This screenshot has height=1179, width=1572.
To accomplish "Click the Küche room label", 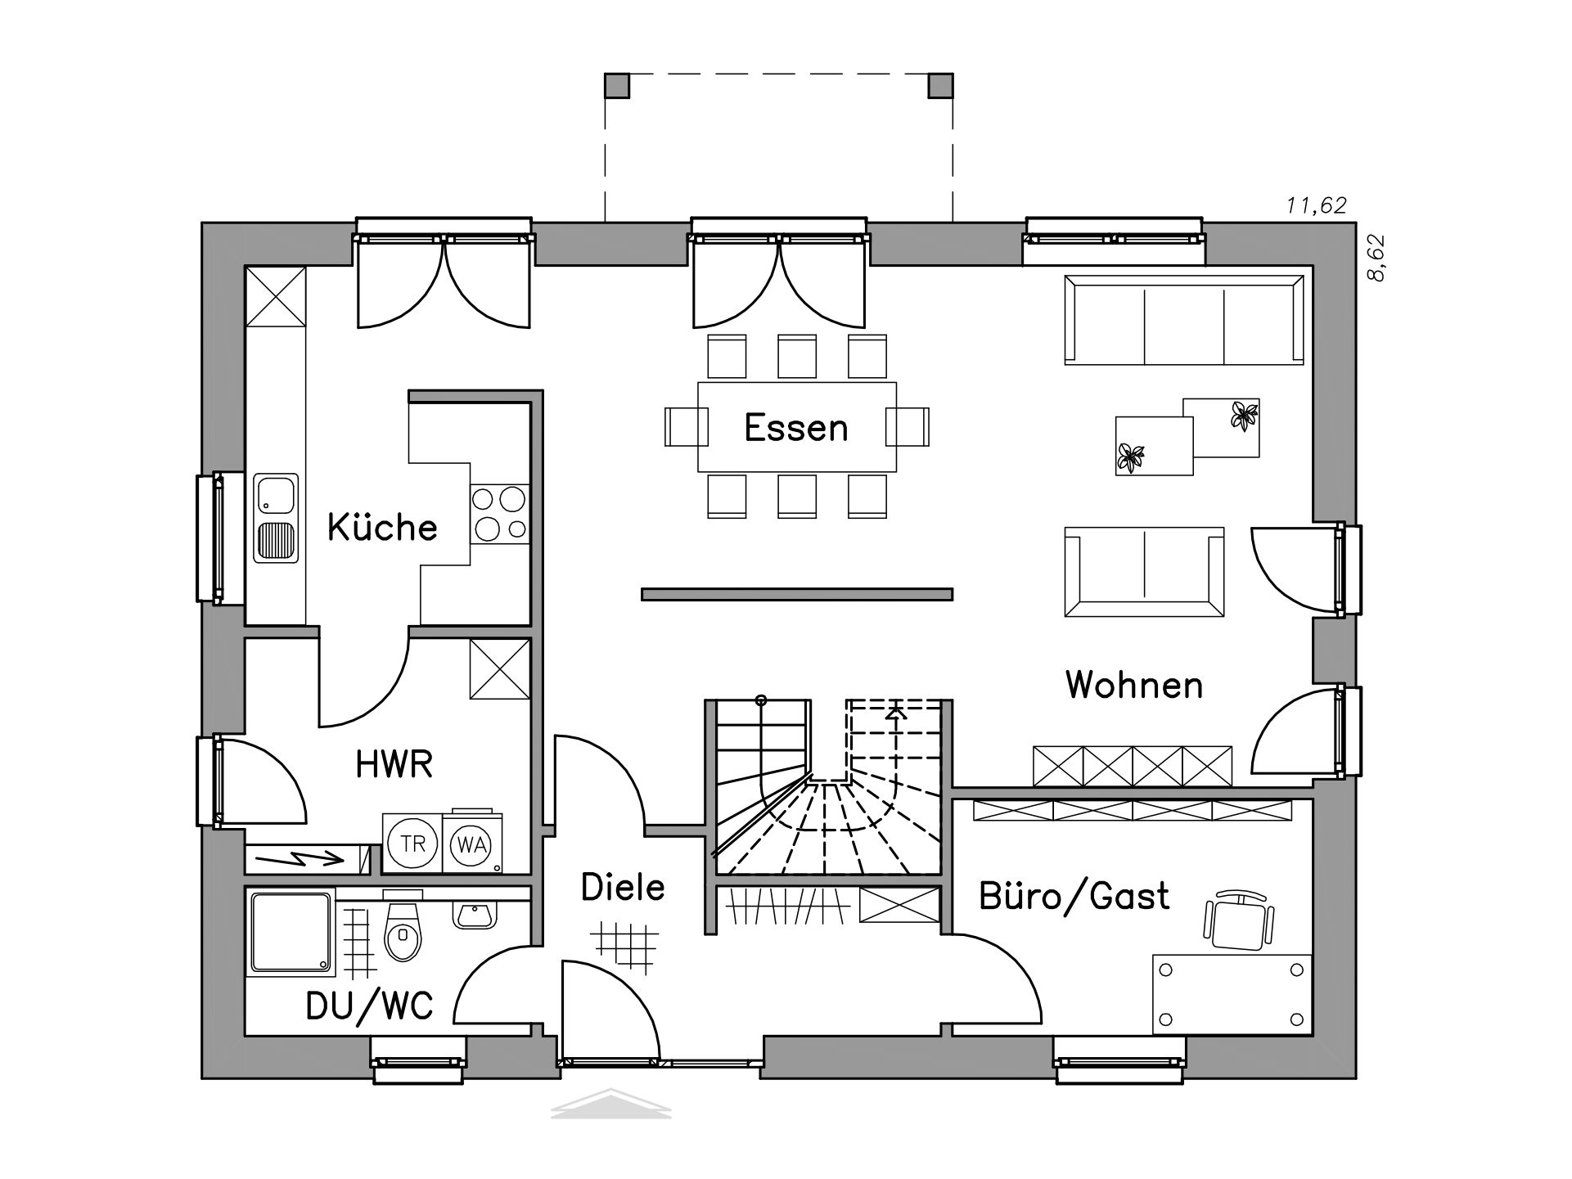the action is pos(382,527).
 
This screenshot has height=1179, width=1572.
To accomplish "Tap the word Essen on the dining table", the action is pos(795,428).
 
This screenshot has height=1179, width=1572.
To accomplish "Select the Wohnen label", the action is pos(1134,685).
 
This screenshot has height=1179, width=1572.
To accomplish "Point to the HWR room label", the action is pos(394,764).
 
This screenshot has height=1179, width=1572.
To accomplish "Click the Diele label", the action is pos(623,887).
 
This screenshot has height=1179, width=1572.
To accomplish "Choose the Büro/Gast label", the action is pos(1074,897).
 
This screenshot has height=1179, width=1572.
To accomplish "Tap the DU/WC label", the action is pos(369,1006).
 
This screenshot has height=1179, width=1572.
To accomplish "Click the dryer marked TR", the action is pos(412,843).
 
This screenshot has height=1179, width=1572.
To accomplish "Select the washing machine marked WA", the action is pos(472,843).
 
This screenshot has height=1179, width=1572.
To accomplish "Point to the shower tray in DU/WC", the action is pos(291,933).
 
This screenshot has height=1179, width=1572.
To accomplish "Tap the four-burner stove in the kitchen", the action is pos(499,514).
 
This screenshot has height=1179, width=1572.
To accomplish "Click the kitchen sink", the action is pos(276,517).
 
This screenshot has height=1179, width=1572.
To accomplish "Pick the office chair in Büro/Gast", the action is pos(1239,920).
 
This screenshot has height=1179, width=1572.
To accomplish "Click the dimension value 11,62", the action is pos(1317,205).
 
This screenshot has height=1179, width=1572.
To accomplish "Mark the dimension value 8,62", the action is pos(1377,259).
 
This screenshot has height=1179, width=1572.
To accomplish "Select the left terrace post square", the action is pos(617,85).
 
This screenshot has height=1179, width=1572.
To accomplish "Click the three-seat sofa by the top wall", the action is pos(1184,320).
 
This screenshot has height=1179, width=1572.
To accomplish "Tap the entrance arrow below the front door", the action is pos(611,1104).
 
